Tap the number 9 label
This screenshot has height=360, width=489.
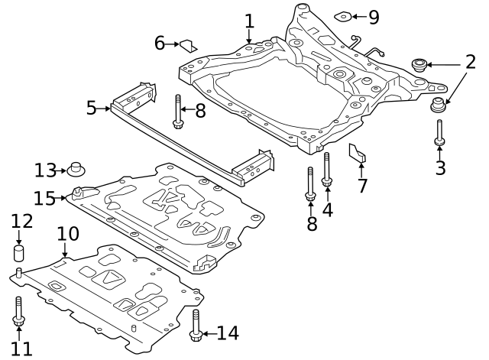point(373,16)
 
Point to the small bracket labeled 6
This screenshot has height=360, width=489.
point(188,47)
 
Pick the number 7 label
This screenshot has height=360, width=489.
point(362,186)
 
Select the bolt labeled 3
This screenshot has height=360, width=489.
point(440,134)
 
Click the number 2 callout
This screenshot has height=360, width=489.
point(470,63)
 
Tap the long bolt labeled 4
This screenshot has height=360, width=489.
point(327,170)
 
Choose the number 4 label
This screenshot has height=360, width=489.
point(327,209)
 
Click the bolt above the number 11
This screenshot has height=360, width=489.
point(18,311)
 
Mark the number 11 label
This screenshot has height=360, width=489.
point(21,349)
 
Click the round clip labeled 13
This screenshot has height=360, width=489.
point(76,168)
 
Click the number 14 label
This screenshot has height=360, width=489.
point(227,333)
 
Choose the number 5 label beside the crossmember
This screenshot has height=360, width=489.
point(91,108)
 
